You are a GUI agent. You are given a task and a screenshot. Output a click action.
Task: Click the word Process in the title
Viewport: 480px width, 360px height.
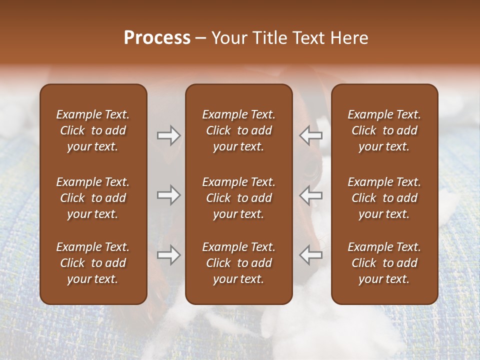pos(157,38)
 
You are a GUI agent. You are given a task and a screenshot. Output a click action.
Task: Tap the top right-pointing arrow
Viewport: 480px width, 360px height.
pos(168,135)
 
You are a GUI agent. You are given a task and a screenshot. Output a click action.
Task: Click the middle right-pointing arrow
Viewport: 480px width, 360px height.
pos(168,195)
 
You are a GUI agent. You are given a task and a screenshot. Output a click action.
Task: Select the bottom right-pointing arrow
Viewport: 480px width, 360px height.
pos(168,255)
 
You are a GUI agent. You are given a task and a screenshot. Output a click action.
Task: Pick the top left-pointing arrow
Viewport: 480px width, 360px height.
pos(311,135)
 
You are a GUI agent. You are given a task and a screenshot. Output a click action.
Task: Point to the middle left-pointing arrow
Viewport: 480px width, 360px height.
pos(311,195)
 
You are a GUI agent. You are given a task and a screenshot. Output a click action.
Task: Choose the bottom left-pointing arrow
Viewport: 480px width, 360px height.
pos(311,255)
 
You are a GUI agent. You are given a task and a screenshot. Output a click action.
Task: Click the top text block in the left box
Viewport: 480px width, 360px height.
pos(93,130)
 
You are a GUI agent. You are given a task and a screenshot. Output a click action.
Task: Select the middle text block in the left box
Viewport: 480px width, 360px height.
pos(93,198)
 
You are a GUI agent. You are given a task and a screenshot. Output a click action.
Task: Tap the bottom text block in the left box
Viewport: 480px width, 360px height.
pos(93,263)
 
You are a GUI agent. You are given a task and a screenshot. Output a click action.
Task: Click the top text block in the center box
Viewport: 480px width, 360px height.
pos(239,130)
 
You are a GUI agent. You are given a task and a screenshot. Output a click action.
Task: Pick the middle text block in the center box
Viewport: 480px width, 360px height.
pos(239,198)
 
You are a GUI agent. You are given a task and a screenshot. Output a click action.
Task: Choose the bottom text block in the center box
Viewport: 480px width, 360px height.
pos(239,263)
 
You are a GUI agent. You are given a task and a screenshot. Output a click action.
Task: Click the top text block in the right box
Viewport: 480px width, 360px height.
pos(384,130)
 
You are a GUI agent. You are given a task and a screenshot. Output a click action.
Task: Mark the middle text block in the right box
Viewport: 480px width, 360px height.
pos(384,198)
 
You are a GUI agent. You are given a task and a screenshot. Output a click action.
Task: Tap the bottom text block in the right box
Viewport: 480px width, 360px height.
pos(384,263)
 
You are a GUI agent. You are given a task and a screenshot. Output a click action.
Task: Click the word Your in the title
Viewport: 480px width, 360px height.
pos(229,38)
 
